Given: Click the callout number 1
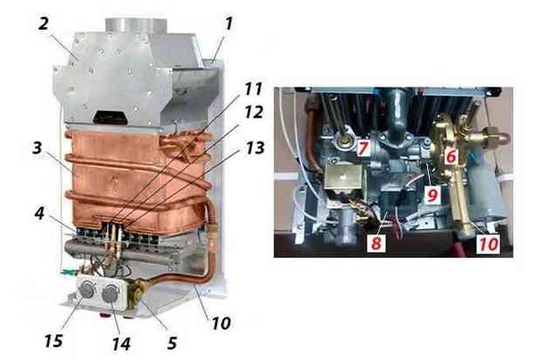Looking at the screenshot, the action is tap(228, 24).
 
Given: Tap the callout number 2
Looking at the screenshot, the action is tap(44, 24).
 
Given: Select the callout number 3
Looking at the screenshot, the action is tap(37, 148).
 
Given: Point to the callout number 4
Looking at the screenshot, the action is tap(39, 213).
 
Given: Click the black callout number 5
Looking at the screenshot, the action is tap(172, 343).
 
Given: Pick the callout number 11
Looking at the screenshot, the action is tap(253, 89).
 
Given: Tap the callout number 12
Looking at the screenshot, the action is tap(254, 112).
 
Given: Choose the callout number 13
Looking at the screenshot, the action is tap(255, 148).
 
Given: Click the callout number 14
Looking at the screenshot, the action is tap(121, 343).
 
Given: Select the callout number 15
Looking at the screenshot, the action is tap(54, 341).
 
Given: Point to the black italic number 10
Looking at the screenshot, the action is tap(221, 323).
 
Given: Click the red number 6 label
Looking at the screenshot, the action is tap(451, 156).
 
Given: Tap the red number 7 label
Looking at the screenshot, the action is tap(363, 147).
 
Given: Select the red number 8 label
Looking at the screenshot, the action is tap(376, 243).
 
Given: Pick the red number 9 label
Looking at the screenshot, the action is tap(432, 195).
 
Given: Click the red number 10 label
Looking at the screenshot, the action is tap(488, 244).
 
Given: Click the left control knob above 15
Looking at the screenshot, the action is tap(87, 289).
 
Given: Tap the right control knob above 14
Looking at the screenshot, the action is tap(110, 294).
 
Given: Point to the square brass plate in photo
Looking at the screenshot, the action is tap(343, 177).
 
